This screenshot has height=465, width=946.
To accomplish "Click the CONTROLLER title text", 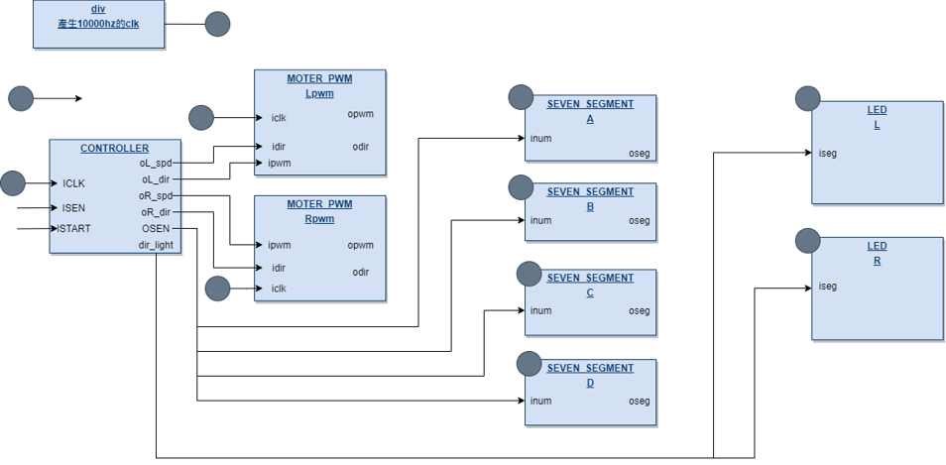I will point(114,149).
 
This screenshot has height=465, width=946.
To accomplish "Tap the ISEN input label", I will point(73,208).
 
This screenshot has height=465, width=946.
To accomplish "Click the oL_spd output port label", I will point(155,163).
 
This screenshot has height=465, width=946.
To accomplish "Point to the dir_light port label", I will point(156,245).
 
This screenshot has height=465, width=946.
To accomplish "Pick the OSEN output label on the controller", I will point(156,229).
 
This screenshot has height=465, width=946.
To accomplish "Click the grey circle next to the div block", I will point(217,25).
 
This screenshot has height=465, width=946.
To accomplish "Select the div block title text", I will point(98,9).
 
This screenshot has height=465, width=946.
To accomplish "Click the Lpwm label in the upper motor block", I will point(319,94).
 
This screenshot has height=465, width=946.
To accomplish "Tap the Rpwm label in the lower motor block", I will point(319,220).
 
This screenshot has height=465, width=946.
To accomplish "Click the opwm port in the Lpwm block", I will point(360,114).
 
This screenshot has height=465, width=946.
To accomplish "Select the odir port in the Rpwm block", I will point(360,272).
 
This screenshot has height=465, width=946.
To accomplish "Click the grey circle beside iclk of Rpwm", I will point(217,289).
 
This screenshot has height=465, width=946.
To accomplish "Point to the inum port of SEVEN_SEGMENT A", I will point(540,139).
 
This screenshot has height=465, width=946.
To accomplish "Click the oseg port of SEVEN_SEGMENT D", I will point(639,402).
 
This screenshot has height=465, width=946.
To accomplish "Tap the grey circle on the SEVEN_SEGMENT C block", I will point(529,274).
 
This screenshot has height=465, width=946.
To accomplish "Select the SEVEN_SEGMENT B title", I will point(590,192).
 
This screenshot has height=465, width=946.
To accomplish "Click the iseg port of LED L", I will point(827,154).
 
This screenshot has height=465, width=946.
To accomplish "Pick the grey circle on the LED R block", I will point(808,241).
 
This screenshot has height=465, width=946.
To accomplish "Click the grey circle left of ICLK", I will point(13,183).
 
